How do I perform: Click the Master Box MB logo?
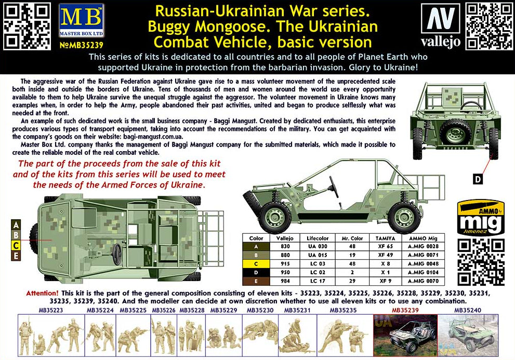[82, 20]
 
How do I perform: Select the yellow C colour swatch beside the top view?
[16, 245]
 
